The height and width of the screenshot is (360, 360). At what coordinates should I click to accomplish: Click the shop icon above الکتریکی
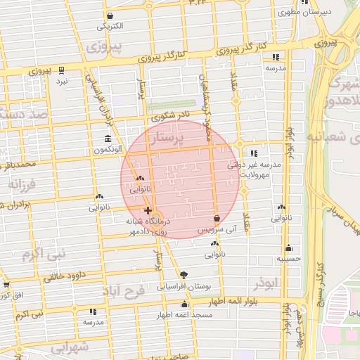point(110,15)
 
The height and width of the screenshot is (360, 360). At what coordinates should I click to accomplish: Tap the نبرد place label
point(63,82)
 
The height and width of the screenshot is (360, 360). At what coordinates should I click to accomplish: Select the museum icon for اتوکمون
point(107,139)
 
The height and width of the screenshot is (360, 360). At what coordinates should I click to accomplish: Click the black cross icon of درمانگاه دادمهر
point(147,210)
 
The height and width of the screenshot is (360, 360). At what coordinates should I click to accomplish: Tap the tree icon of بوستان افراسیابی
point(184,275)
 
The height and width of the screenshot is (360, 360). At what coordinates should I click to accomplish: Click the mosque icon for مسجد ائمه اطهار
point(184,304)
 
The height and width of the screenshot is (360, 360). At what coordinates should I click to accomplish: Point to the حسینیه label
point(288,259)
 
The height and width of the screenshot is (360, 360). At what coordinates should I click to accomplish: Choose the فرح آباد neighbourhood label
point(123,290)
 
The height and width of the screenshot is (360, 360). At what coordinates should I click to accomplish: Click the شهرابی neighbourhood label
point(70,346)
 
